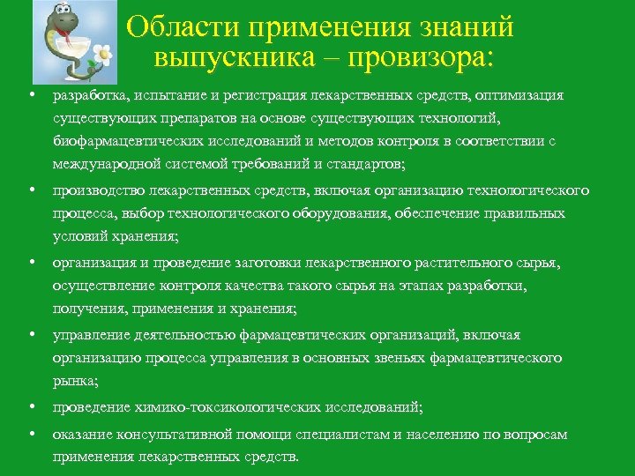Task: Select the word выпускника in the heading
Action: [234, 58]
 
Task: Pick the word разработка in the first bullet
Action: [88, 95]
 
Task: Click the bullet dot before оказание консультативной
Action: [31, 435]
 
